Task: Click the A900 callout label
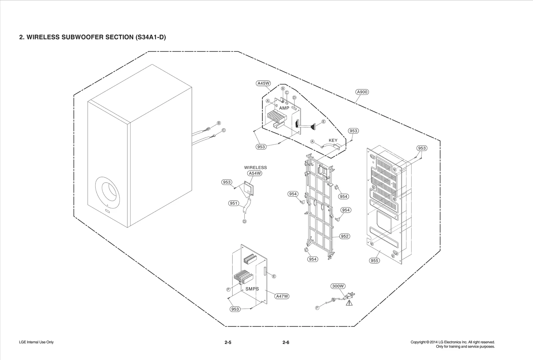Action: pyautogui.click(x=362, y=92)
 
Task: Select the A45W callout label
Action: pyautogui.click(x=264, y=83)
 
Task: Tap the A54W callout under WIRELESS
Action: pyautogui.click(x=255, y=173)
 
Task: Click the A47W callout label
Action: pyautogui.click(x=282, y=296)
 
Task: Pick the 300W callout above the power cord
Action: pyautogui.click(x=338, y=286)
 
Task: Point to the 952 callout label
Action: pyautogui.click(x=345, y=236)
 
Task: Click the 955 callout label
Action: pyautogui.click(x=374, y=261)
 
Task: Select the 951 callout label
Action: pyautogui.click(x=234, y=203)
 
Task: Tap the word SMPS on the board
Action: pyautogui.click(x=252, y=289)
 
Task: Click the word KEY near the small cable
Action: pyautogui.click(x=333, y=140)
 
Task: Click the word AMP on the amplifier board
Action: pyautogui.click(x=284, y=108)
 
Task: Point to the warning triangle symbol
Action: pyautogui.click(x=349, y=303)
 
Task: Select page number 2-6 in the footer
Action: pyautogui.click(x=286, y=342)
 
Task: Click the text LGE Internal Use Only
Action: pyautogui.click(x=36, y=342)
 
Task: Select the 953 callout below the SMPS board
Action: pyautogui.click(x=235, y=309)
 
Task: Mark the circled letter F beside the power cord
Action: pyautogui.click(x=317, y=308)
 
